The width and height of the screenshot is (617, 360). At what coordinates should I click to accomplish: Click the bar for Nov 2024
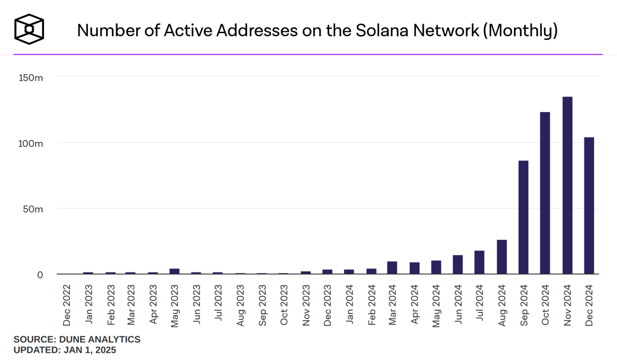coord(567,185)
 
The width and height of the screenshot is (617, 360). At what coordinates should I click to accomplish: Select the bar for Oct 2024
coord(545,193)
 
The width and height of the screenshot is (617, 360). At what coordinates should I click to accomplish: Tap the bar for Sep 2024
coord(524,217)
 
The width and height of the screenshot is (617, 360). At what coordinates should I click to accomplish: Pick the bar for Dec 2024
coord(589,206)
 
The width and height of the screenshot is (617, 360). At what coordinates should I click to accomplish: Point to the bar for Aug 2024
coord(502,257)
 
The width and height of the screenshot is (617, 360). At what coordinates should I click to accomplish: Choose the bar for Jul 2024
coord(480,262)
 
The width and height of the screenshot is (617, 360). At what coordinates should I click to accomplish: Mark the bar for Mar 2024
coord(392,268)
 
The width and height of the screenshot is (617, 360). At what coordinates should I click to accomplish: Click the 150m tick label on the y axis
coord(31,77)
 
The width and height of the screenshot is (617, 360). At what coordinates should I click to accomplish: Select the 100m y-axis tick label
coord(31,143)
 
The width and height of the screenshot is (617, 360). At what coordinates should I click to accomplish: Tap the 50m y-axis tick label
coord(33,209)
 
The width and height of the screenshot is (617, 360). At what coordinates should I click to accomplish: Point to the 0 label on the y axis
coord(40,274)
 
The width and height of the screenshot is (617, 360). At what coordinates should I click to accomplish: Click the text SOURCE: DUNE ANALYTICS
coord(77,339)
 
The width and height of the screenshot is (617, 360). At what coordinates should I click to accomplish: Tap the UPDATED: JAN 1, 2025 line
coord(64,350)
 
